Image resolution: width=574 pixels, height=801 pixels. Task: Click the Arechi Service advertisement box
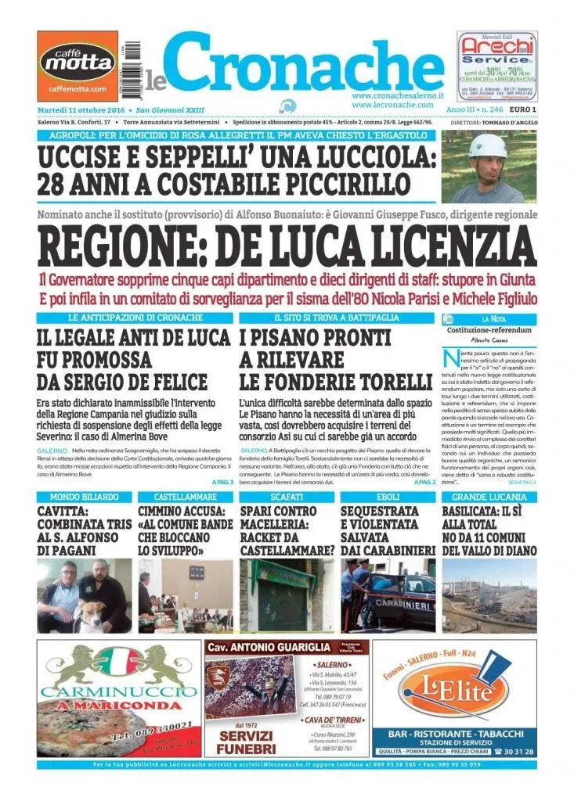[497, 66]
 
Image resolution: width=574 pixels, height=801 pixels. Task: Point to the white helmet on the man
[488, 145]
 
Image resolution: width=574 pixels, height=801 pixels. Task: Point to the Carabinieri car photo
[388, 594]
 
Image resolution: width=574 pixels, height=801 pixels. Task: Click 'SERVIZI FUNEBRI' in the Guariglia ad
[247, 742]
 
